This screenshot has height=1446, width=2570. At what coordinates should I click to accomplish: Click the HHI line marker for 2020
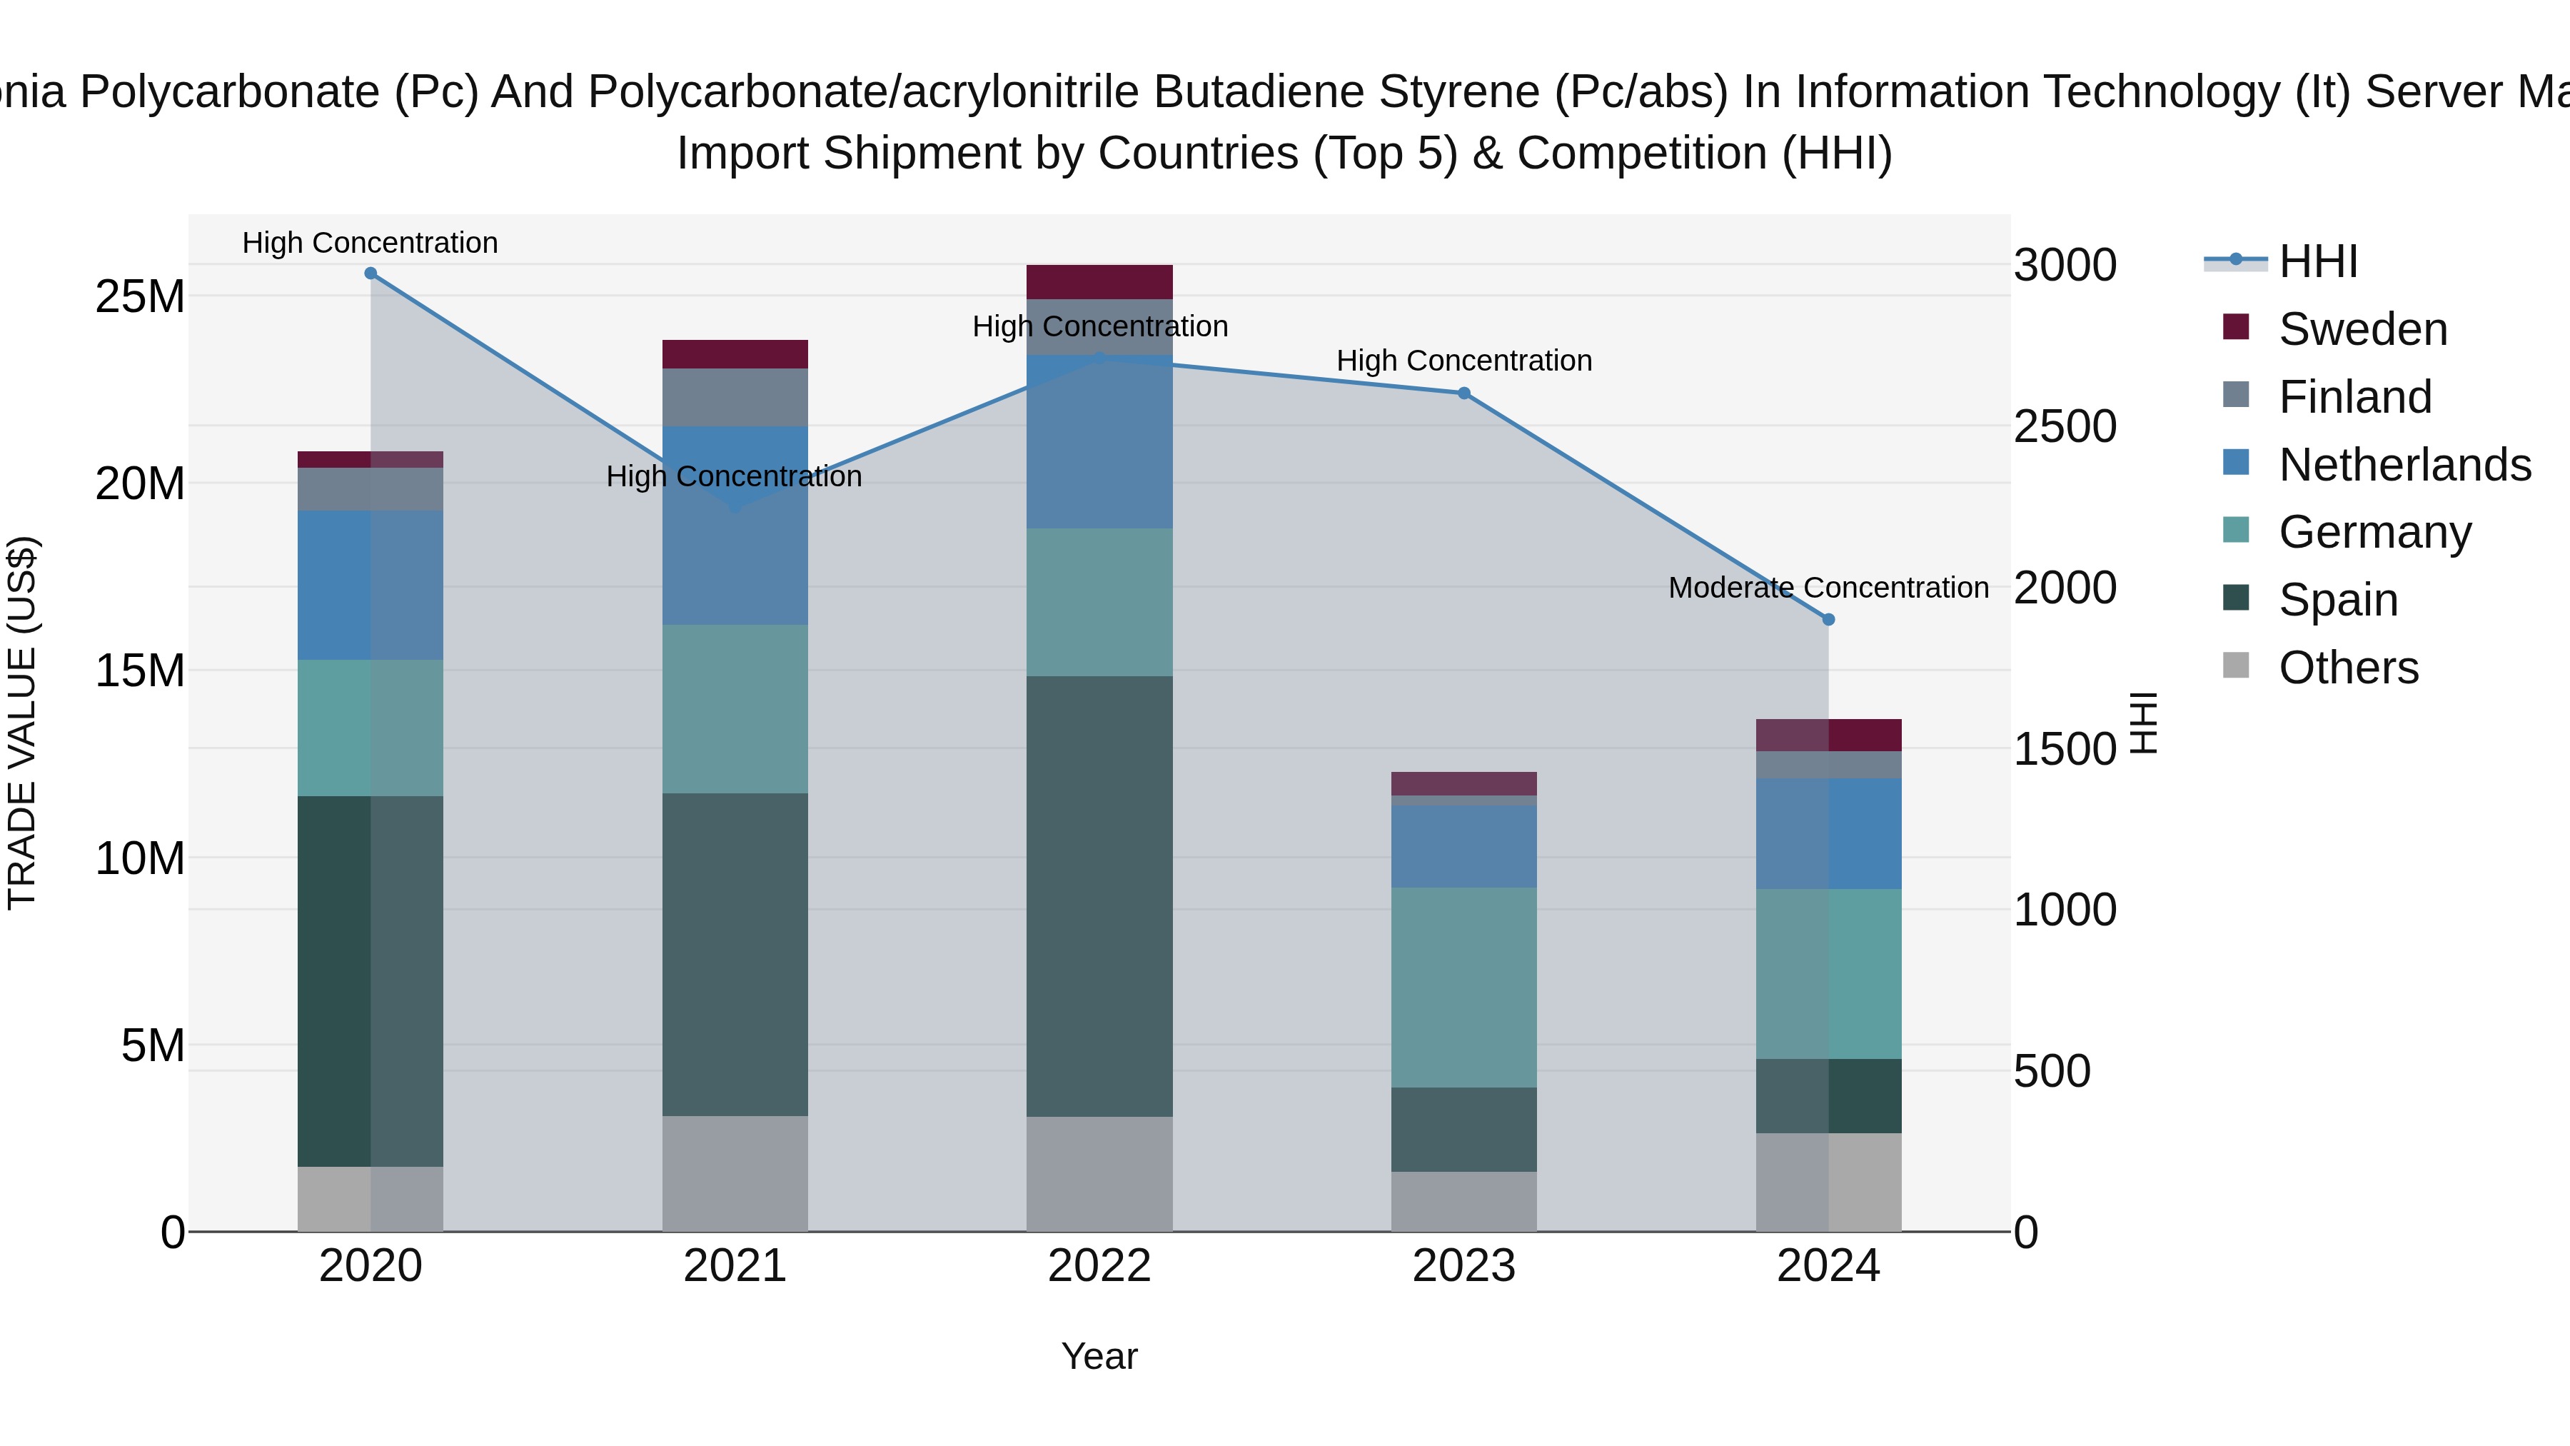tap(370, 273)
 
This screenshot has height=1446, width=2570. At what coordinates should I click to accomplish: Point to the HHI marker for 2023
tap(1463, 393)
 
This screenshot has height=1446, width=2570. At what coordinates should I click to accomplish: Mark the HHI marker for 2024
tap(1828, 620)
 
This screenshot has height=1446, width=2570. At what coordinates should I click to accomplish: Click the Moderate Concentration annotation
tap(1828, 588)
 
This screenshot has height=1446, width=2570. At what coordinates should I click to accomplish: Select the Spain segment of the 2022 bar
tap(1099, 896)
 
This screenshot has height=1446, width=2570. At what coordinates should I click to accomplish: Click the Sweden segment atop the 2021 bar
tap(735, 354)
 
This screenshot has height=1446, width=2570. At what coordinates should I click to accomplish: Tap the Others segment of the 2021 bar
tap(735, 1173)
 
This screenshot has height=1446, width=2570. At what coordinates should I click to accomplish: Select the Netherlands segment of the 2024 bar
tap(1828, 834)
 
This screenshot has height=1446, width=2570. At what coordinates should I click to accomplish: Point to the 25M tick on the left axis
tap(140, 297)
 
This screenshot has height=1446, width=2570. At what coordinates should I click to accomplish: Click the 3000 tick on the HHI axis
tap(2064, 266)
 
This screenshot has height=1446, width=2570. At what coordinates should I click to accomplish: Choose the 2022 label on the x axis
tap(1099, 1266)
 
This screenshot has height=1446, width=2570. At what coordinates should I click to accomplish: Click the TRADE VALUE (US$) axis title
tap(22, 723)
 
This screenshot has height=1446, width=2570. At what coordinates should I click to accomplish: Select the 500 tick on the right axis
tap(2051, 1072)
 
